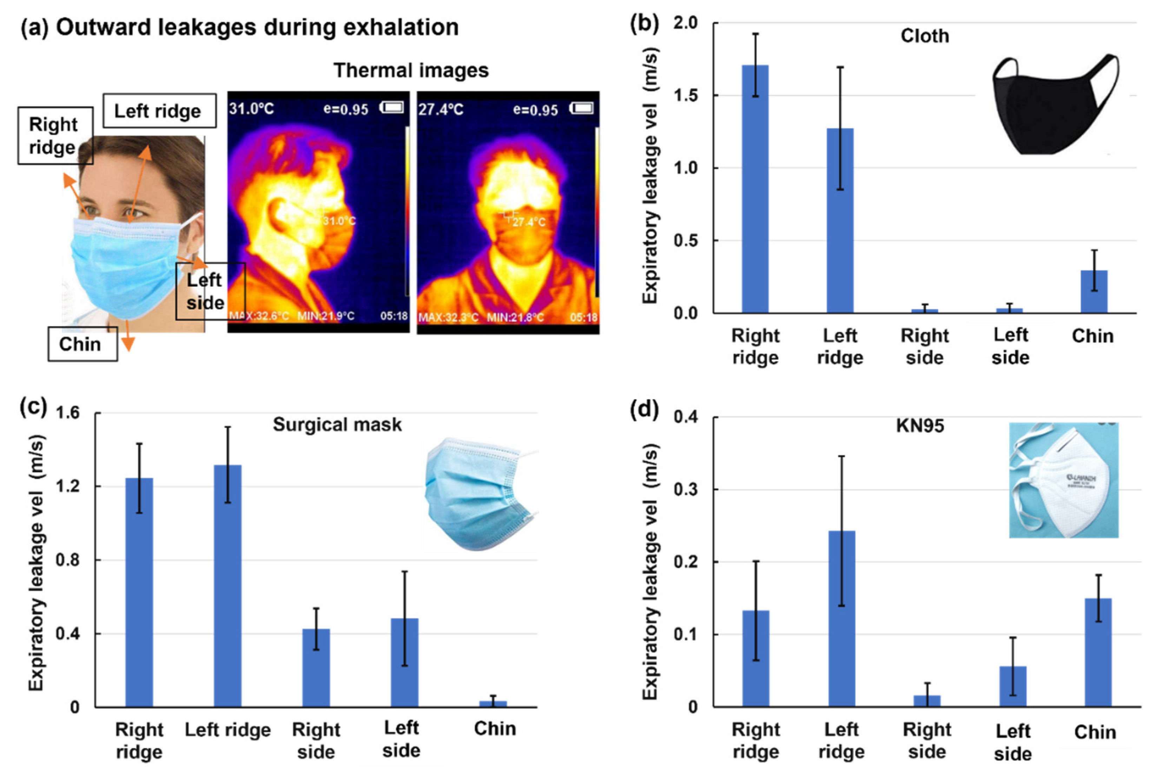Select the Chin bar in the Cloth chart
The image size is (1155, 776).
[1093, 292]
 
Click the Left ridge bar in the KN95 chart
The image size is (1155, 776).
[841, 619]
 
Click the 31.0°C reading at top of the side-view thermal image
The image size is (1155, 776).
[251, 108]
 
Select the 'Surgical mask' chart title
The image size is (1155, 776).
[337, 425]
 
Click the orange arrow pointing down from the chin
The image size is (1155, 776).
[128, 337]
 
